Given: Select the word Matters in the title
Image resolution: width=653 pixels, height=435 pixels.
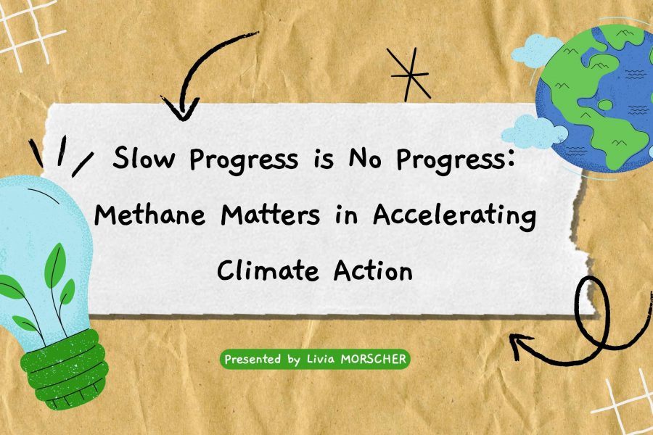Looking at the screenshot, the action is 271,215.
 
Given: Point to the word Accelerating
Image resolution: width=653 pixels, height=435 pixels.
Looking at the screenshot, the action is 454,217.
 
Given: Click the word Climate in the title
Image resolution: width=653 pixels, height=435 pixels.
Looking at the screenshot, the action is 268,270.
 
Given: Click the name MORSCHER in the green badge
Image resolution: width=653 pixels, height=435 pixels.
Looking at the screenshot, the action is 373,359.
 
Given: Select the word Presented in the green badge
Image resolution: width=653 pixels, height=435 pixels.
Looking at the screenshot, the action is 252,359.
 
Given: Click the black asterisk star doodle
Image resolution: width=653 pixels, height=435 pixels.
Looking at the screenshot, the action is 409,75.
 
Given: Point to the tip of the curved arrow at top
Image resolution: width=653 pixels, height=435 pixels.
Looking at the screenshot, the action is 181,120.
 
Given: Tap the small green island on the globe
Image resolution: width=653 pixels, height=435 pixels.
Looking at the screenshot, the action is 605,104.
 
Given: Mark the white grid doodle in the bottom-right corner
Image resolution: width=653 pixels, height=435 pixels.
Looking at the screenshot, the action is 625,402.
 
